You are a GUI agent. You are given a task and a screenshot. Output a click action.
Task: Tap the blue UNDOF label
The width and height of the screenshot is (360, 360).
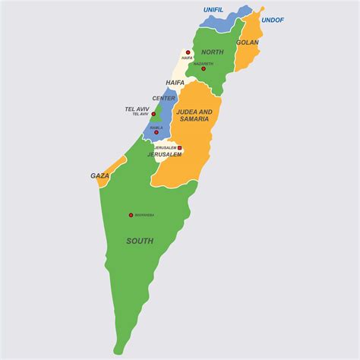point(272,20)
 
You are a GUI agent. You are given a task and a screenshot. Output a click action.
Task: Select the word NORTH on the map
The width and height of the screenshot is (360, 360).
point(213,52)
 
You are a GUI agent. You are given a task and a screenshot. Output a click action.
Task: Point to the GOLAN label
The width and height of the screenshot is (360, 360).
point(247,43)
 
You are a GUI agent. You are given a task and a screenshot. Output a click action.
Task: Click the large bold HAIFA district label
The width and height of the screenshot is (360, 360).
point(175,82)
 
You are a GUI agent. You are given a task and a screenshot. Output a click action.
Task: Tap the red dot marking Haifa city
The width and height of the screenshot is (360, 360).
point(188,52)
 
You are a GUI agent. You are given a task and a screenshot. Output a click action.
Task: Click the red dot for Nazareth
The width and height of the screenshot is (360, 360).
point(204,68)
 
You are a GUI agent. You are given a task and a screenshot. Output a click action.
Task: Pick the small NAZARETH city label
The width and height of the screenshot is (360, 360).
point(204,64)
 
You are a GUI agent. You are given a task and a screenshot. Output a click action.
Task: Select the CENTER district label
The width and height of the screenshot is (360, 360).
point(164,98)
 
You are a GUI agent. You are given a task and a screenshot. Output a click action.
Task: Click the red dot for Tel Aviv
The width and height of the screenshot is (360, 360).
point(153,115)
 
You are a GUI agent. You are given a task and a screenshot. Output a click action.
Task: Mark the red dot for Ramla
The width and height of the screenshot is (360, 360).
point(156,132)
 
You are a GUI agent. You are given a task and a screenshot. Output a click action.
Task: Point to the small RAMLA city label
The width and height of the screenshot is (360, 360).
point(156,128)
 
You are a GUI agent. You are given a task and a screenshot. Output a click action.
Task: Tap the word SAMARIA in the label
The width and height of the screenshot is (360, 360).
point(195,119)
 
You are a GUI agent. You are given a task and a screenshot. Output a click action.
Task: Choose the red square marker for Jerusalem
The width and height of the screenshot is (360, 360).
point(180,148)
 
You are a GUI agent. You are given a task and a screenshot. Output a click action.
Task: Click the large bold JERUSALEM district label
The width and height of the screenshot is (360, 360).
point(165,154)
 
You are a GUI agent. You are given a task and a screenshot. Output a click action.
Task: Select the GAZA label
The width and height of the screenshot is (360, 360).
point(100,175)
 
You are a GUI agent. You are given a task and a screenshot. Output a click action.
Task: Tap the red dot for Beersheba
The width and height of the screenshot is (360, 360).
point(131,215)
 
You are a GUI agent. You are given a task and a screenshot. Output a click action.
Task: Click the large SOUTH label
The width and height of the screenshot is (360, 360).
point(140,241)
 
